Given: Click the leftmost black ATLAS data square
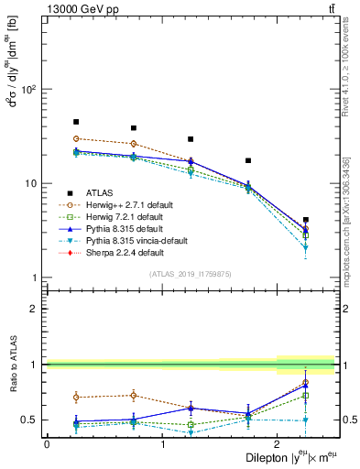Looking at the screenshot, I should [x=76, y=122].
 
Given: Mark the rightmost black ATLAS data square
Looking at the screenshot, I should [x=306, y=220].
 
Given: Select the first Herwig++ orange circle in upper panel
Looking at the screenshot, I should [x=76, y=138].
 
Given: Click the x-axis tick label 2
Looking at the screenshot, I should [x=278, y=444].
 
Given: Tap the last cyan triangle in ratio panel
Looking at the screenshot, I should [x=306, y=420].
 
